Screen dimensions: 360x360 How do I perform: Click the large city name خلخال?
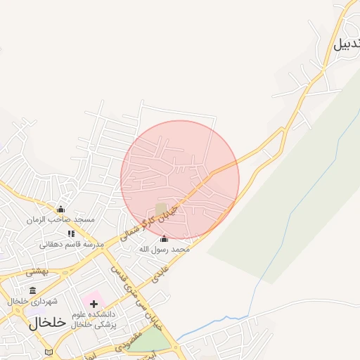click(47, 323)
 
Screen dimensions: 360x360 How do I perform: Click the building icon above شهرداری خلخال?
click(32, 290)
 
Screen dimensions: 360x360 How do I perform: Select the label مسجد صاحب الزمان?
click(62, 219)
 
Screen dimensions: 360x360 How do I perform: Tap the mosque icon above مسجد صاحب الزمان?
click(60, 209)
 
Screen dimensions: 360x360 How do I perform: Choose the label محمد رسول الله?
click(164, 249)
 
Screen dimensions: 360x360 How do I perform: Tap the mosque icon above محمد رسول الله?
click(164, 238)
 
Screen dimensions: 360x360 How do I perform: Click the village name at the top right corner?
click(346, 44)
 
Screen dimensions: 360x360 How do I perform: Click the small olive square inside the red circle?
click(162, 209)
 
